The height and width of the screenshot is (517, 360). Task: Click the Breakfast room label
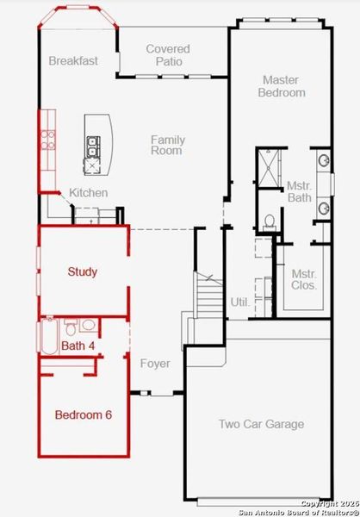click(x=73, y=61)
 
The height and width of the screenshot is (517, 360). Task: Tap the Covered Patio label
click(x=167, y=55)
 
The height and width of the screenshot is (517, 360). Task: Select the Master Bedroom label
click(x=283, y=86)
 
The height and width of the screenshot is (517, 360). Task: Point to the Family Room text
click(x=167, y=145)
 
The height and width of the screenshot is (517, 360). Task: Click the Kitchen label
click(x=89, y=193)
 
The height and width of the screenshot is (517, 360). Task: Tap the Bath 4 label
click(x=77, y=346)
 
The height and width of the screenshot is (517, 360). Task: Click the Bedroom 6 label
click(x=83, y=414)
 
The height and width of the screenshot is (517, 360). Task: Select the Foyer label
click(x=155, y=364)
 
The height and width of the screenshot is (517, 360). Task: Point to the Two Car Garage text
click(x=261, y=424)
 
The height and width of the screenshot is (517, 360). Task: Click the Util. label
click(x=240, y=302)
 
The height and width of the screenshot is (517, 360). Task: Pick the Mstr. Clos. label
click(x=304, y=279)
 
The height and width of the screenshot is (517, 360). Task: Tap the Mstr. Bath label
click(x=299, y=191)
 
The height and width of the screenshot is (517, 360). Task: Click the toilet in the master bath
click(x=269, y=221)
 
